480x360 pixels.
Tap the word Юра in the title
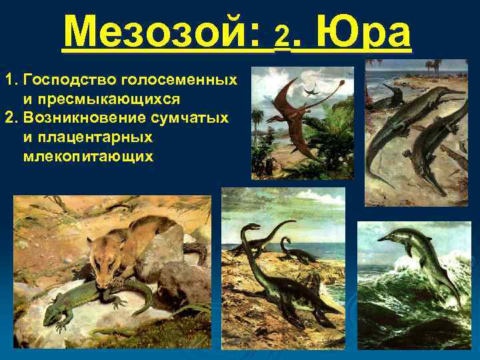pyautogui.click(x=361, y=31)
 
